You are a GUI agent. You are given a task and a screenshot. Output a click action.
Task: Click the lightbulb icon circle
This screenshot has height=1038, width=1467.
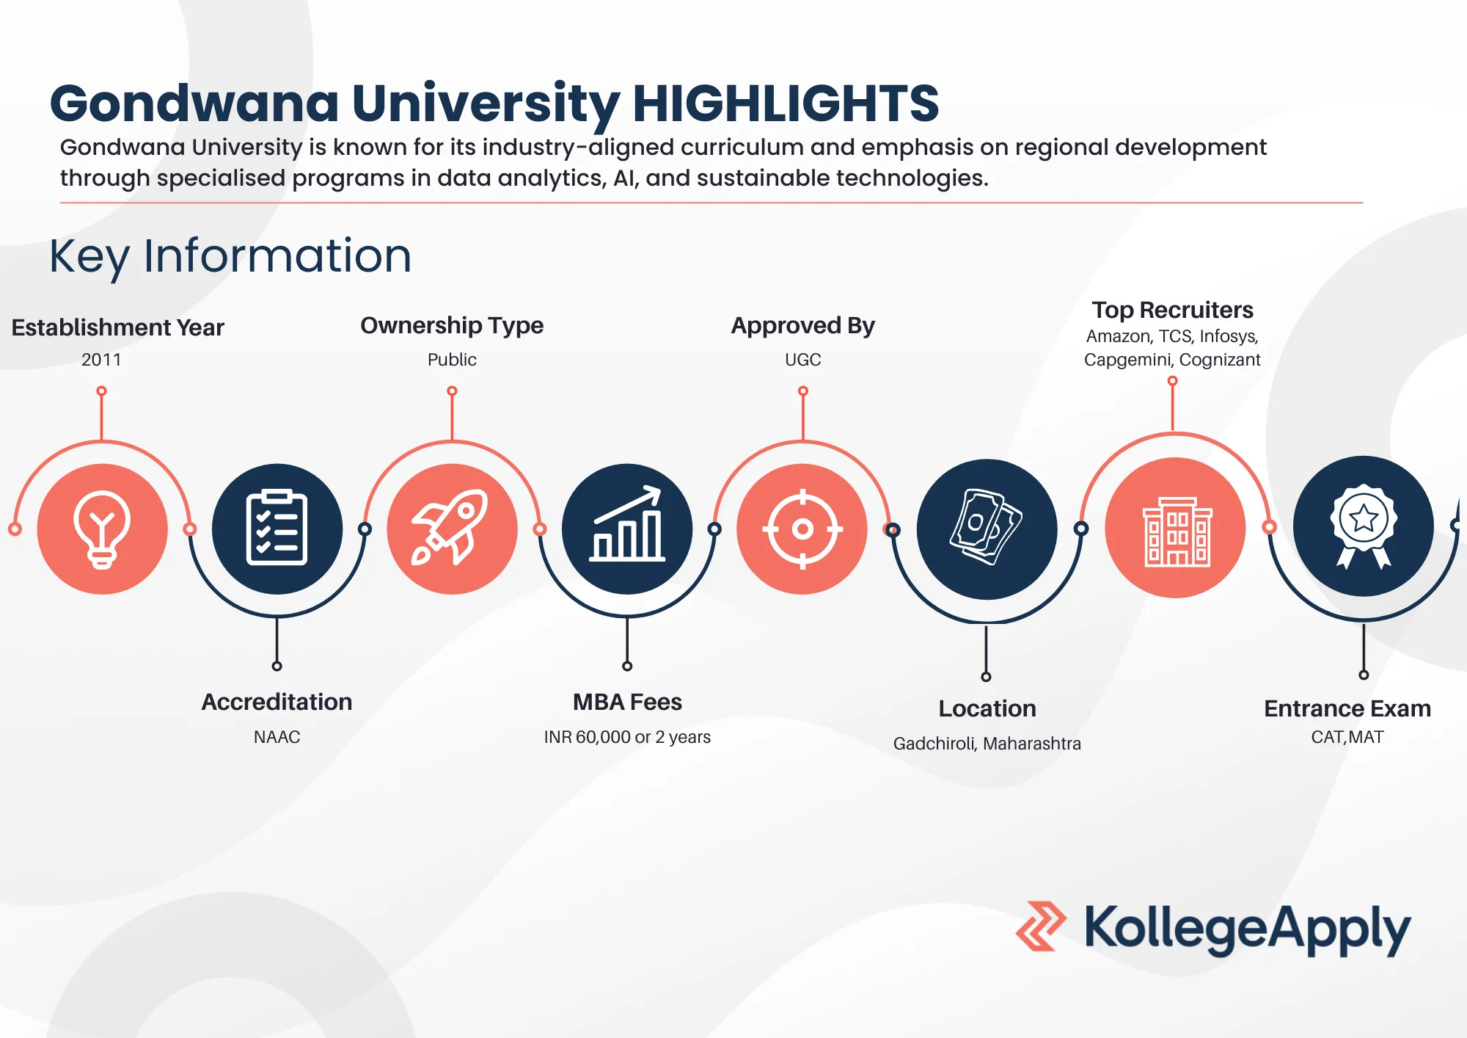pyautogui.click(x=102, y=529)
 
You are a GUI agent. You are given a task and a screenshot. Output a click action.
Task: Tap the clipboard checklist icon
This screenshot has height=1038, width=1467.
pyautogui.click(x=277, y=529)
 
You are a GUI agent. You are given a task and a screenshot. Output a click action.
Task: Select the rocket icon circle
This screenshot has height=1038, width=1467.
pyautogui.click(x=452, y=529)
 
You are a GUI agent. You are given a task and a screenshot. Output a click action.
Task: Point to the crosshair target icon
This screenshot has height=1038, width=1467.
pyautogui.click(x=802, y=529)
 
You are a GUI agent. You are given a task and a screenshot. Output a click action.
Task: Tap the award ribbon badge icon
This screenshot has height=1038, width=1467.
pyautogui.click(x=1364, y=526)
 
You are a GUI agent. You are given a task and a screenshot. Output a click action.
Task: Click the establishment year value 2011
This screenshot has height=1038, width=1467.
pyautogui.click(x=101, y=360)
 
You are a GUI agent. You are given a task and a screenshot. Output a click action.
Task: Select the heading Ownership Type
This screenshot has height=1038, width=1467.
pyautogui.click(x=452, y=325)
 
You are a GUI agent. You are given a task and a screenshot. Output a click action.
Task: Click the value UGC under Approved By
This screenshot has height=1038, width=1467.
pyautogui.click(x=803, y=360)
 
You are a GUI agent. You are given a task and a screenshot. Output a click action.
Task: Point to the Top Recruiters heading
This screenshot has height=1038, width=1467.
pyautogui.click(x=1172, y=310)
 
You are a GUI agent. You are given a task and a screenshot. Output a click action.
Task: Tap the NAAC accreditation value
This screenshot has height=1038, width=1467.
pyautogui.click(x=277, y=737)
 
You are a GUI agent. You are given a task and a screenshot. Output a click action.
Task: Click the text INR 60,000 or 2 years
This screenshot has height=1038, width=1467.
pyautogui.click(x=627, y=737)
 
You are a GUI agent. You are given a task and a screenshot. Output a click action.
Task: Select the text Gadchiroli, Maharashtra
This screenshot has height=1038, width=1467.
pyautogui.click(x=987, y=744)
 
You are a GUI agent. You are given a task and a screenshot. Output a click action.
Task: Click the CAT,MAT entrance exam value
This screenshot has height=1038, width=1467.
pyautogui.click(x=1347, y=737)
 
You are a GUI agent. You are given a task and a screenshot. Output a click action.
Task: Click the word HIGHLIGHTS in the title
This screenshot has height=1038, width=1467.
pyautogui.click(x=786, y=103)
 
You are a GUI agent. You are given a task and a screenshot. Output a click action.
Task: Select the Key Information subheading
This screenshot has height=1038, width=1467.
pyautogui.click(x=230, y=256)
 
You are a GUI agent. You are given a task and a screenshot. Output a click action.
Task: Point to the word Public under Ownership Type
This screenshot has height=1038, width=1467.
pyautogui.click(x=452, y=360)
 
